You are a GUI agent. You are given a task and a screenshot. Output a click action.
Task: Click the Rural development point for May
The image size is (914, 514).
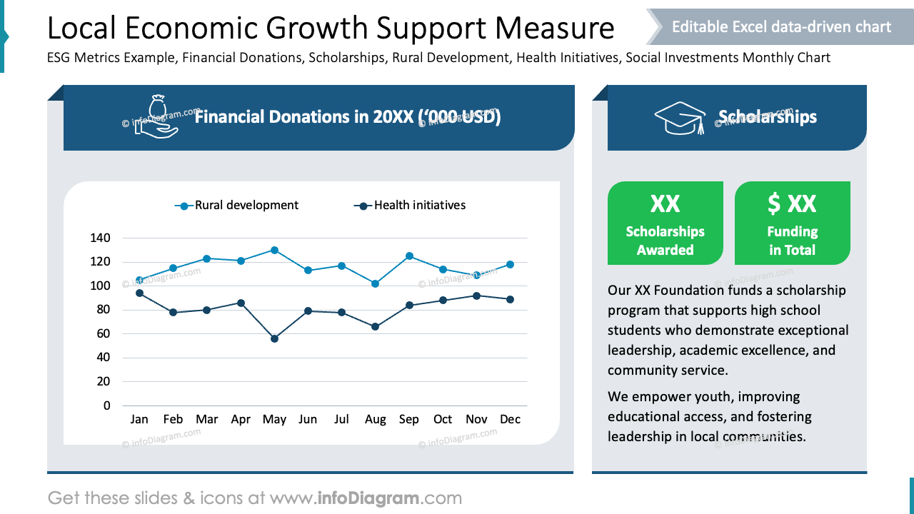click(x=274, y=250)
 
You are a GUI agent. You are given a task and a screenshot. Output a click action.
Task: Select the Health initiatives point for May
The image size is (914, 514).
click(x=274, y=338)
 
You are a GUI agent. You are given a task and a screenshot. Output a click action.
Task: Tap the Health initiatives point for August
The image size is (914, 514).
click(x=376, y=326)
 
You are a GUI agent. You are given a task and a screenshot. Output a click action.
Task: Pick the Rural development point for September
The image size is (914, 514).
click(x=409, y=256)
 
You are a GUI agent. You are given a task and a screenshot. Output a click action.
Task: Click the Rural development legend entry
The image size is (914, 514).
click(x=237, y=206)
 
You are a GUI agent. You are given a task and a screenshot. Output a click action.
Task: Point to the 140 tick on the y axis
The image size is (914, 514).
click(x=101, y=238)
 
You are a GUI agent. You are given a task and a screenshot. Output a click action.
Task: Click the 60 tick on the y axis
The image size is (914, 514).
click(x=104, y=333)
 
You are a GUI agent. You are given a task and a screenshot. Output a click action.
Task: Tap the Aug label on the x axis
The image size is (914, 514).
click(x=376, y=420)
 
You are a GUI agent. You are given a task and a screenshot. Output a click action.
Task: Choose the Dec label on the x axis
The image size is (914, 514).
click(x=510, y=420)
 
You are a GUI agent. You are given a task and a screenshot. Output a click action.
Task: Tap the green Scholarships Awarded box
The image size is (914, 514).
click(x=665, y=223)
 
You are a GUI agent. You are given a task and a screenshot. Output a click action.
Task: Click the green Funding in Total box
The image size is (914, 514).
click(x=792, y=223)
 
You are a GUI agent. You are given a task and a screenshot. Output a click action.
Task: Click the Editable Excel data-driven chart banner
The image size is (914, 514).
click(x=781, y=27)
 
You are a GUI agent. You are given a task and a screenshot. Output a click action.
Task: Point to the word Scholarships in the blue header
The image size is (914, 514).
click(x=768, y=118)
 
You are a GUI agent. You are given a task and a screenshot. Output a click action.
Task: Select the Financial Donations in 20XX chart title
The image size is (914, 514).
click(x=348, y=117)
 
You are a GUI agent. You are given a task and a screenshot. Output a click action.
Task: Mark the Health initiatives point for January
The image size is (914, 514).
click(x=139, y=293)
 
